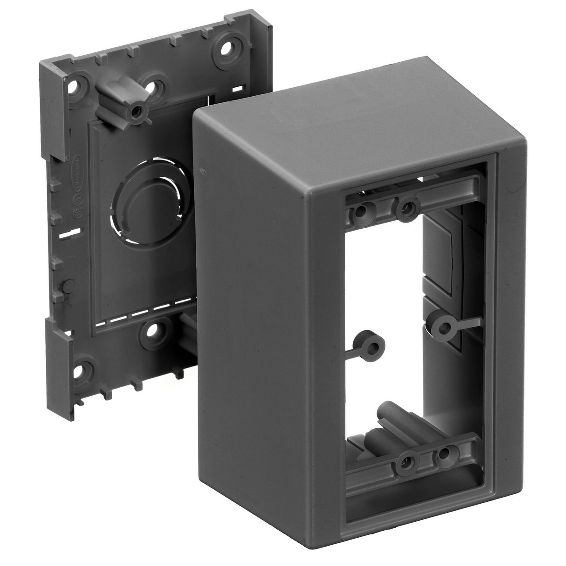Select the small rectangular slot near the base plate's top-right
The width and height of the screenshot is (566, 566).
[x=240, y=88]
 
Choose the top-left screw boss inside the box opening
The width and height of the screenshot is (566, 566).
[x=361, y=211]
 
